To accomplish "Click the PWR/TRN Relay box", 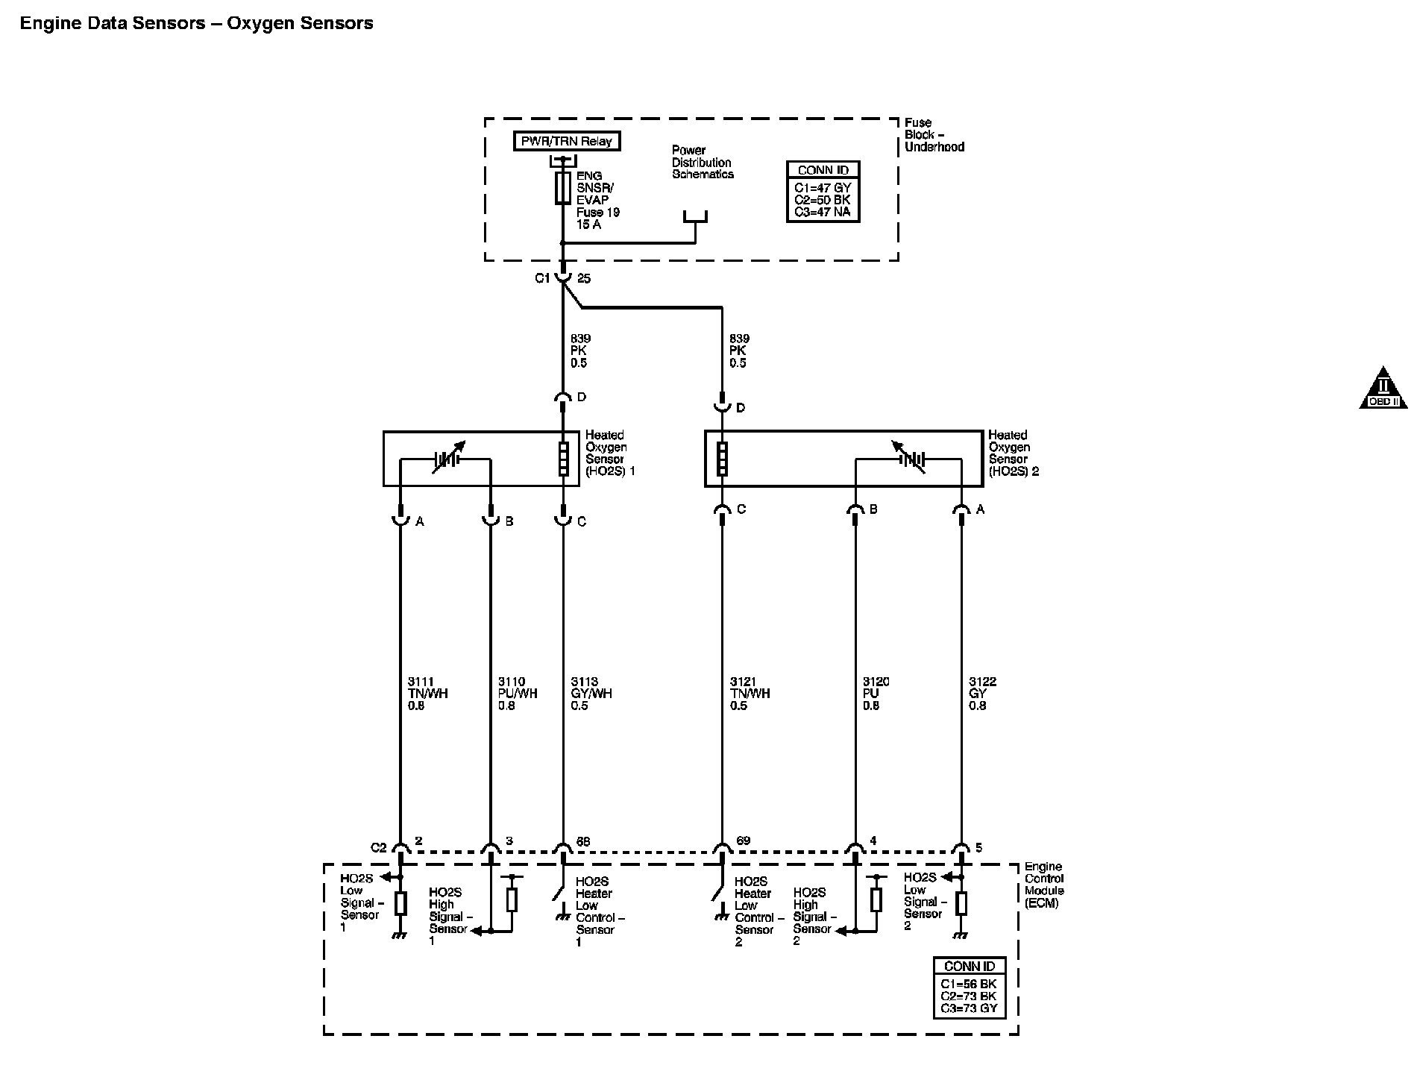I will (567, 141).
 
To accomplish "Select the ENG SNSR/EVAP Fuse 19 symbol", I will (563, 187).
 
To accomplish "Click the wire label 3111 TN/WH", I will (428, 694).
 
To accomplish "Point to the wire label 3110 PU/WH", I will (518, 694).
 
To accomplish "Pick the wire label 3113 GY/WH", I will (591, 694).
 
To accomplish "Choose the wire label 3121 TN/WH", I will (750, 694).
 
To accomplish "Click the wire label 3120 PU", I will (876, 694).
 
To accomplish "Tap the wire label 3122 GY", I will (982, 694).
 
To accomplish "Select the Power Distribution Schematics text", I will (703, 162).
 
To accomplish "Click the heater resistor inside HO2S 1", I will (563, 459).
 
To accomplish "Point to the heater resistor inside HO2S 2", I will (722, 459).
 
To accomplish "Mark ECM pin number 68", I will (583, 841).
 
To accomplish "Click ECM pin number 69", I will (743, 841).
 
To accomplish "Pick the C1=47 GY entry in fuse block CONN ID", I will (823, 188).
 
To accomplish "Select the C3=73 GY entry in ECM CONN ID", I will (969, 1008).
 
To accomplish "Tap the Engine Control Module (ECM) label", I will (1044, 885).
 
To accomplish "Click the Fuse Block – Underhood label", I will (934, 135).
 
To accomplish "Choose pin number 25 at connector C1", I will (584, 278).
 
